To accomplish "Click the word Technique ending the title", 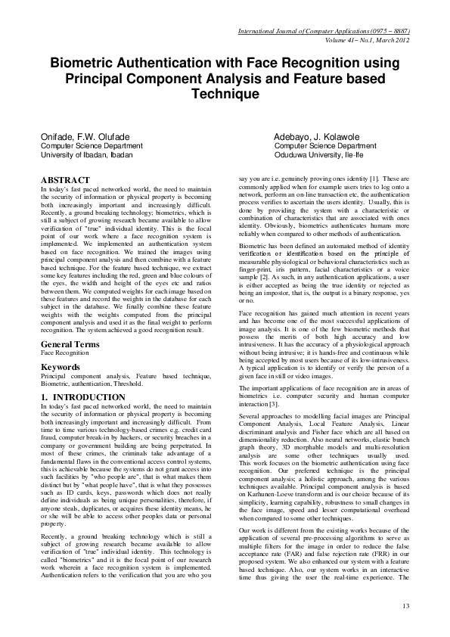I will point(225,95).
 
